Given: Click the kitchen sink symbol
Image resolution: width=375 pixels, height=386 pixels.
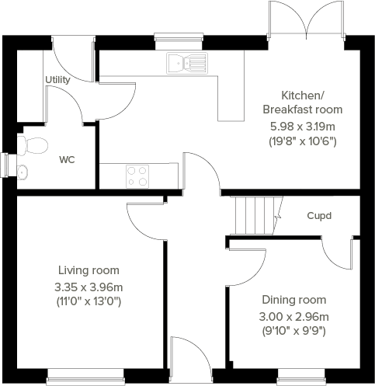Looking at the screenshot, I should tap(186, 63).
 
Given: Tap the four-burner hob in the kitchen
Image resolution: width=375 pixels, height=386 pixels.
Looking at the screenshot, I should tap(137, 176).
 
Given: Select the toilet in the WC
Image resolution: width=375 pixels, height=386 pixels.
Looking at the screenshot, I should tap(33, 144).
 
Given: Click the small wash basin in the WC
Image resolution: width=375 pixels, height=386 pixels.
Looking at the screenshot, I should tap(23, 172).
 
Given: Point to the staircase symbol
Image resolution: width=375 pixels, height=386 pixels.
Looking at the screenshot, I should tap(255, 215).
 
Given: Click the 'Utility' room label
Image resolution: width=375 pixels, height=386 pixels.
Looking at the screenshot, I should tap(57, 80).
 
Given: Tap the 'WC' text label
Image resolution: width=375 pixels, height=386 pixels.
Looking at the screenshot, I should tap(68, 160).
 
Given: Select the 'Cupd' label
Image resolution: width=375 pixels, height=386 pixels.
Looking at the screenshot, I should tap(319, 215).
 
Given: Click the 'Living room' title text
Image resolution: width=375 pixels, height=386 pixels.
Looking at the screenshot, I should tap(89, 270).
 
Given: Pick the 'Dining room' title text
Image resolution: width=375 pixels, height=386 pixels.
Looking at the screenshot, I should tap(293, 300).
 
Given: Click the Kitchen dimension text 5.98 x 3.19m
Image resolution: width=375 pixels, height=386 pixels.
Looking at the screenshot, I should tap(302, 126).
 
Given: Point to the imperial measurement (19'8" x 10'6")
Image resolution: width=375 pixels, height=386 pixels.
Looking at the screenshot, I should tap(302, 141).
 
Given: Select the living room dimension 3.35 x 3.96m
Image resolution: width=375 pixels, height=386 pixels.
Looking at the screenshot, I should tap(89, 286).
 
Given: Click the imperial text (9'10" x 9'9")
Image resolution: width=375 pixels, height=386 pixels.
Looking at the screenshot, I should tap(293, 330).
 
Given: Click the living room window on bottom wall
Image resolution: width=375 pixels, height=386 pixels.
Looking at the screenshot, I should tap(85, 380).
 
